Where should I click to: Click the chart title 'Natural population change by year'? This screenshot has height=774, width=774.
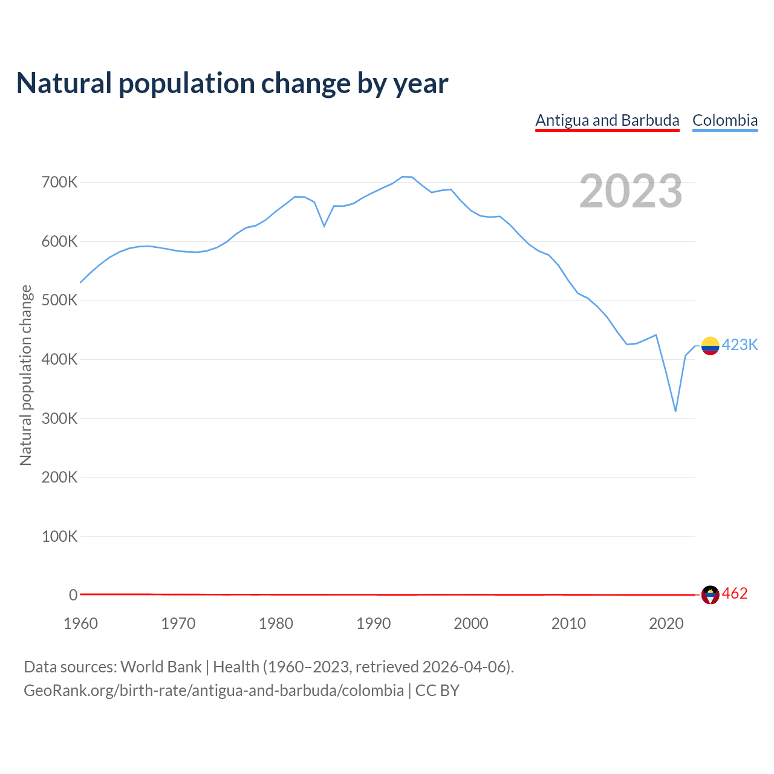tap(232, 83)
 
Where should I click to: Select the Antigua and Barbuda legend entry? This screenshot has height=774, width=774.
tap(607, 120)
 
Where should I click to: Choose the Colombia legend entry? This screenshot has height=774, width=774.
tap(724, 120)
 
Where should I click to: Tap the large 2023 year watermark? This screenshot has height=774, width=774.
tap(631, 191)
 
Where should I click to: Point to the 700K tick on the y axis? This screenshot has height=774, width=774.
tap(59, 182)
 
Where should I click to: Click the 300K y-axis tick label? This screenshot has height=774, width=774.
tap(59, 418)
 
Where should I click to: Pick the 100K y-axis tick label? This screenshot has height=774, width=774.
tap(59, 536)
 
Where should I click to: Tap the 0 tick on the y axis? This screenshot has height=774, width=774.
tap(73, 595)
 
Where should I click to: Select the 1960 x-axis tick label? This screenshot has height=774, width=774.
tap(80, 623)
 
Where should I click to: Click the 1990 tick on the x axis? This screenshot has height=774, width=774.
tap(374, 623)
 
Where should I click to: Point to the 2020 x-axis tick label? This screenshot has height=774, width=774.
tap(666, 623)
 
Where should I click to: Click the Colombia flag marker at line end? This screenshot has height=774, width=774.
tap(710, 346)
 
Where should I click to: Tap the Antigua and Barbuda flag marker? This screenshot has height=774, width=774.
tap(710, 595)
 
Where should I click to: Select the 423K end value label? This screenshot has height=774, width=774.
tap(740, 345)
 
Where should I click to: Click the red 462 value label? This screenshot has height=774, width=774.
tap(735, 594)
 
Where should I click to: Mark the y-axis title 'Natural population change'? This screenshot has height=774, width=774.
tap(25, 376)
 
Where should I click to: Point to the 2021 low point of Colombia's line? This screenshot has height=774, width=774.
tap(675, 411)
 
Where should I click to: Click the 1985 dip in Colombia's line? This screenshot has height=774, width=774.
tap(324, 226)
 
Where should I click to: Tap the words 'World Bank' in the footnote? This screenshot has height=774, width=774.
tap(161, 667)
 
